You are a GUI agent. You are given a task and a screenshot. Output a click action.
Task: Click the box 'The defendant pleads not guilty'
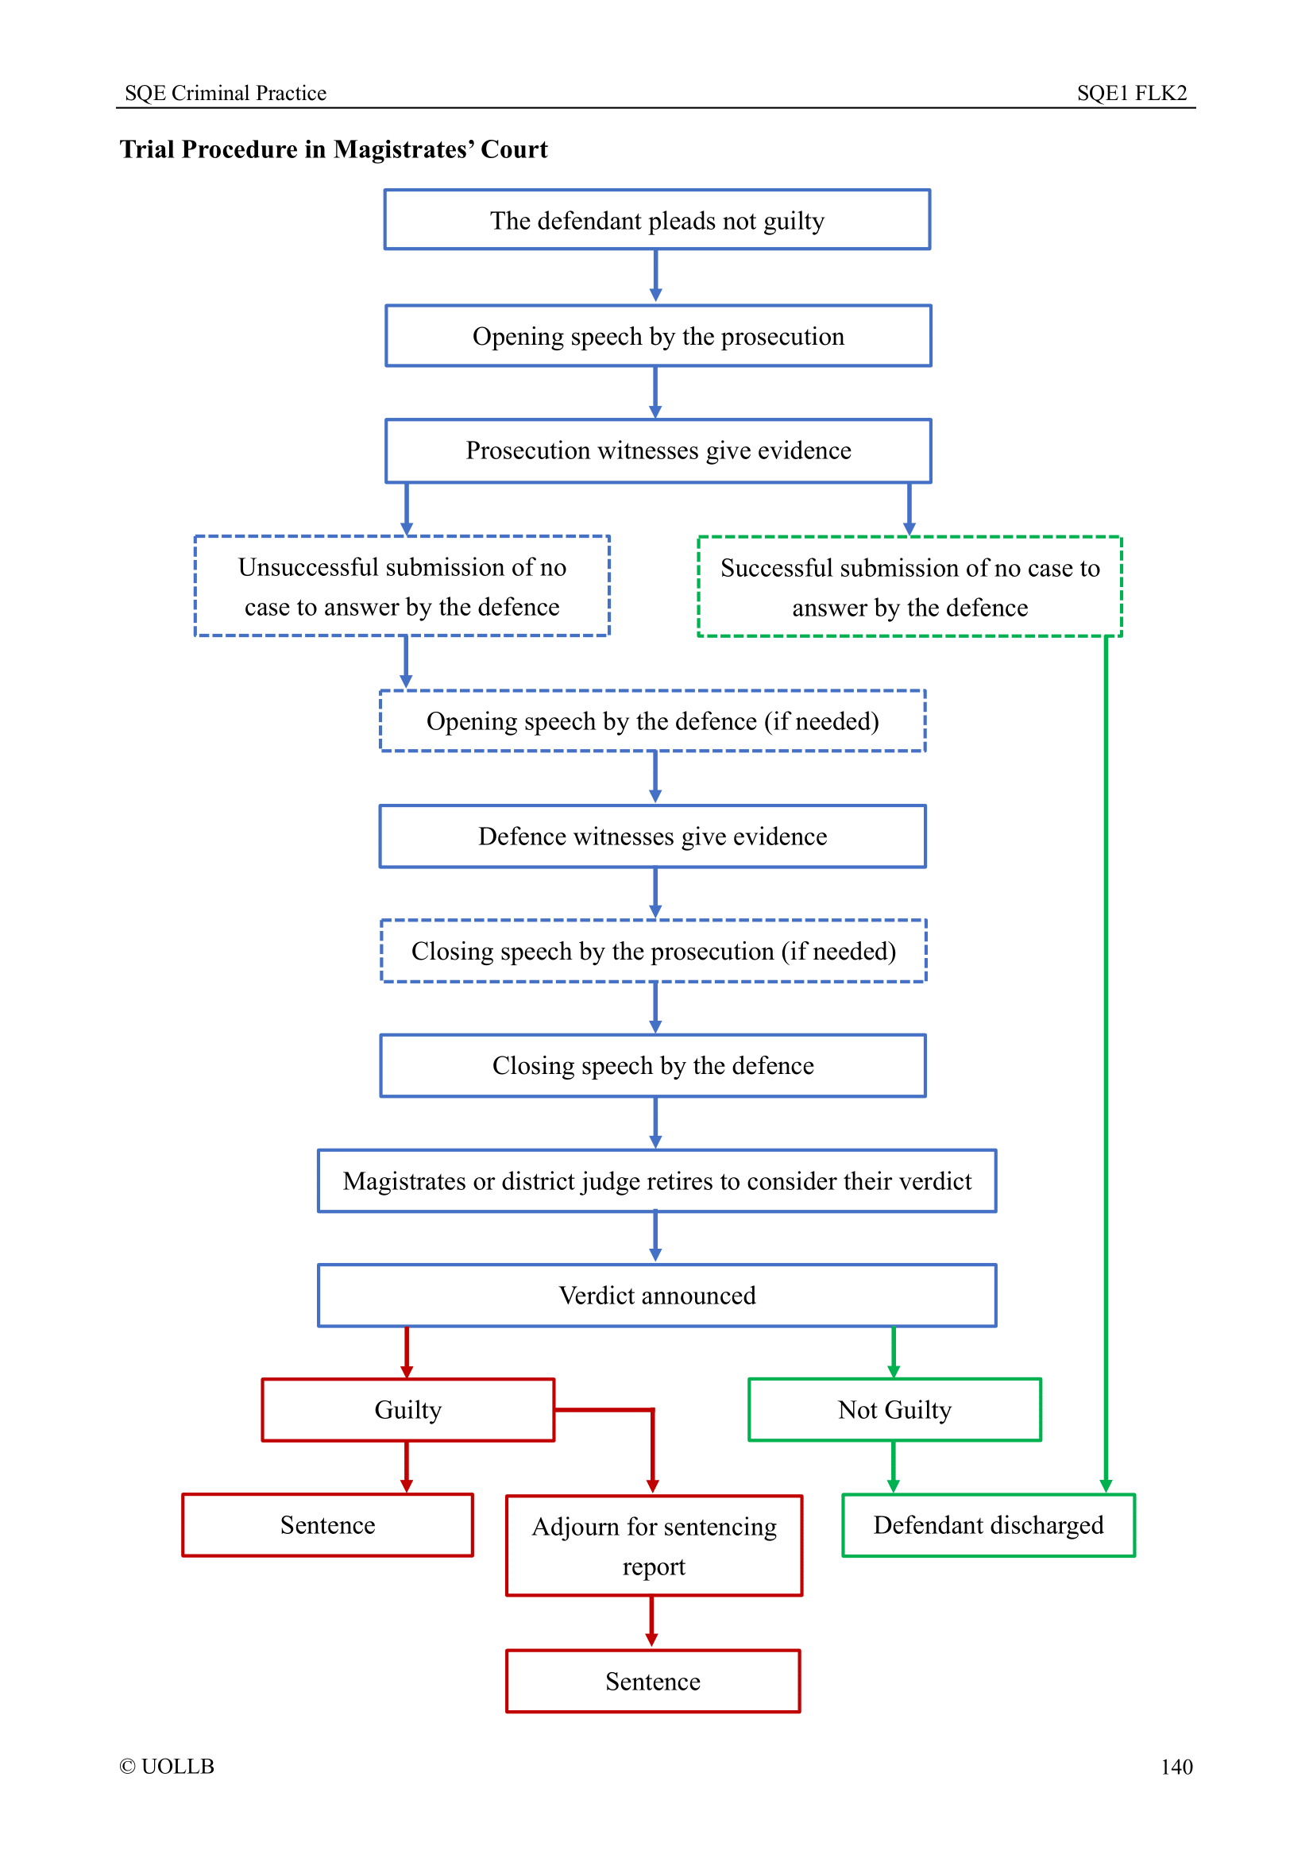(x=657, y=220)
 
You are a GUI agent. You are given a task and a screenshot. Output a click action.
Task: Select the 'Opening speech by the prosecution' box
(x=658, y=336)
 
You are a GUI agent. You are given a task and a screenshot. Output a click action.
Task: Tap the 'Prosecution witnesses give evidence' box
(x=658, y=450)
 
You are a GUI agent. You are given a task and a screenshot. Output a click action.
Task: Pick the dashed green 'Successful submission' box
(x=909, y=587)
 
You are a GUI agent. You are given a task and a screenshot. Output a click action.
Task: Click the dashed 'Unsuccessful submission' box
(x=402, y=586)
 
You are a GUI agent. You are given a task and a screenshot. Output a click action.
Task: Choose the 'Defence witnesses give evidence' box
(x=653, y=836)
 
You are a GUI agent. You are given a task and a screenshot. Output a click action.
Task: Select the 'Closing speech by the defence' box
(x=653, y=1066)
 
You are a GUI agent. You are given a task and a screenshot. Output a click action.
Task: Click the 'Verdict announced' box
(x=657, y=1296)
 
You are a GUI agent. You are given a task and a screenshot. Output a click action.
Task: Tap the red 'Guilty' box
(x=407, y=1410)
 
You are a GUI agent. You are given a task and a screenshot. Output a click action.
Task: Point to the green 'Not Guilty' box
(x=894, y=1410)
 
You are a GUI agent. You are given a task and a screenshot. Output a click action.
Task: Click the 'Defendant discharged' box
(x=989, y=1525)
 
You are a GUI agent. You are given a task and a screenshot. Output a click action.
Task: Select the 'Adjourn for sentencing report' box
(x=654, y=1546)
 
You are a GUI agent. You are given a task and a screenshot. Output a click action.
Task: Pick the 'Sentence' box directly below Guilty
(x=327, y=1525)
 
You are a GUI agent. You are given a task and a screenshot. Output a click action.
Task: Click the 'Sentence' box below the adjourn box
(x=653, y=1682)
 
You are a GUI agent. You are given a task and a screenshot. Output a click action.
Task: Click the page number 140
(x=1176, y=1767)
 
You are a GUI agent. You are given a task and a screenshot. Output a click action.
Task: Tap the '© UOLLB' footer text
(x=167, y=1767)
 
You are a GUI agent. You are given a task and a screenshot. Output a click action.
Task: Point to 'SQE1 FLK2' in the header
(x=1132, y=93)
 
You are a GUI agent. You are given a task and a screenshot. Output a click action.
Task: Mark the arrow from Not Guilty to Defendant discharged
(x=893, y=1466)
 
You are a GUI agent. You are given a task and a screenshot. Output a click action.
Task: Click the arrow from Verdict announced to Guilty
(x=407, y=1352)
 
